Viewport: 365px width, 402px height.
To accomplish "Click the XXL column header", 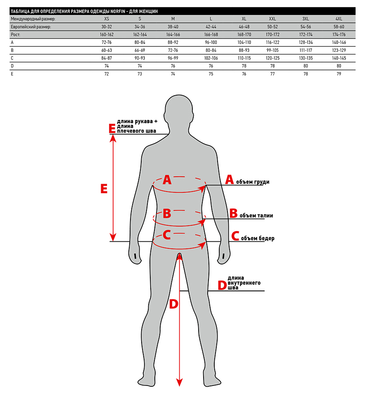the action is (x=272, y=19).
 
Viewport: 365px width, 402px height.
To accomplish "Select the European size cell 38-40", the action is (x=173, y=27).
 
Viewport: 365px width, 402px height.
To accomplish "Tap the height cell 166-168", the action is (x=211, y=35).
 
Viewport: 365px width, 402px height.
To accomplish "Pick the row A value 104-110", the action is (x=244, y=42).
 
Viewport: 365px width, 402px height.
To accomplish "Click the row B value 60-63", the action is (x=107, y=50).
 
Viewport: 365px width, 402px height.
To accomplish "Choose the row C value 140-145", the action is (x=339, y=58).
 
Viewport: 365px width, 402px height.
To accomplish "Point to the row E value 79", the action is (x=339, y=74).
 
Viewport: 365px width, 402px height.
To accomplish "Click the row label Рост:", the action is (x=15, y=35).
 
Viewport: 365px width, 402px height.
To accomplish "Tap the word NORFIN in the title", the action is (x=118, y=11).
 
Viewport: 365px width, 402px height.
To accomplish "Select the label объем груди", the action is (x=253, y=182).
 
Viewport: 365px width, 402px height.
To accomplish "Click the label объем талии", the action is (x=256, y=215).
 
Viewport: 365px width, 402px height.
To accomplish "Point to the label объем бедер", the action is (x=258, y=238).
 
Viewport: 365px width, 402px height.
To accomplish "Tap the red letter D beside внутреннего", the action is (x=222, y=285).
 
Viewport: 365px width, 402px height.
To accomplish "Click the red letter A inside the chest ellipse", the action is (x=167, y=180).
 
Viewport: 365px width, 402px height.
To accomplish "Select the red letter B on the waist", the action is (x=167, y=213).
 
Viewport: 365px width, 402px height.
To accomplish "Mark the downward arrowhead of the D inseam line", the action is (x=180, y=382).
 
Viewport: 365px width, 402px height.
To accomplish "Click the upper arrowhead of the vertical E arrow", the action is (x=113, y=138).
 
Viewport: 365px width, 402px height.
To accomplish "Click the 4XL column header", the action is (x=339, y=19).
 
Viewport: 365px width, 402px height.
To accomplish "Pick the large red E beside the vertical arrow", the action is (x=104, y=189).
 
